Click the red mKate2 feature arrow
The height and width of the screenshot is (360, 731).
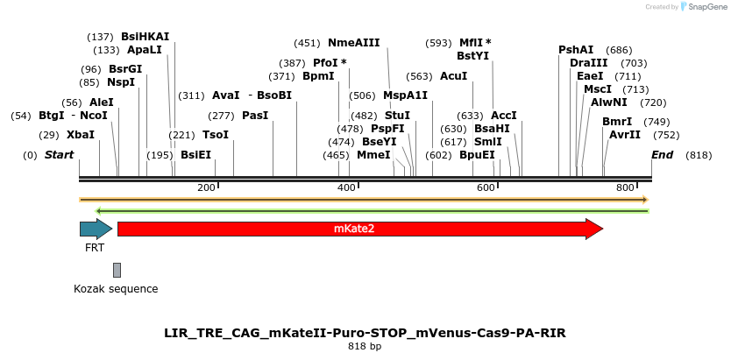pos(359,229)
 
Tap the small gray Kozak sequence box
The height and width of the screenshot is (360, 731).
pos(117,270)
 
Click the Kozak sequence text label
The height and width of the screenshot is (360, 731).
pos(116,288)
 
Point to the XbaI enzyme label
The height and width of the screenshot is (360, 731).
pos(81,135)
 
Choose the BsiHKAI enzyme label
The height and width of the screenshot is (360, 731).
pos(145,37)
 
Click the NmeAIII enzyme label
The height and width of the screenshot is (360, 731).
pos(354,43)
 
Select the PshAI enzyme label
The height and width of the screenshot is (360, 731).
pos(576,50)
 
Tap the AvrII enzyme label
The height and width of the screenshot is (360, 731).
pos(625,135)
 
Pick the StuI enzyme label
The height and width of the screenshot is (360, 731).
pos(397,116)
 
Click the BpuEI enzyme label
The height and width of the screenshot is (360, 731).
pos(478,155)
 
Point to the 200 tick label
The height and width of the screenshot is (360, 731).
pos(207,188)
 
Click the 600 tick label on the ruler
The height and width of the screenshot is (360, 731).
pos(486,188)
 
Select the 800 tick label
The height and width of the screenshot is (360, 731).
pos(625,188)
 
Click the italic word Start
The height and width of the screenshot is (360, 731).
pos(60,155)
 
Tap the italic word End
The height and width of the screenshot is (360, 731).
pos(662,155)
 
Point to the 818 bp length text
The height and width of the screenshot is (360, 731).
pos(365,347)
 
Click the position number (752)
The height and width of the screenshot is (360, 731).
pos(666,135)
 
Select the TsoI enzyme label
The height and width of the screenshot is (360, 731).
pos(216,135)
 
